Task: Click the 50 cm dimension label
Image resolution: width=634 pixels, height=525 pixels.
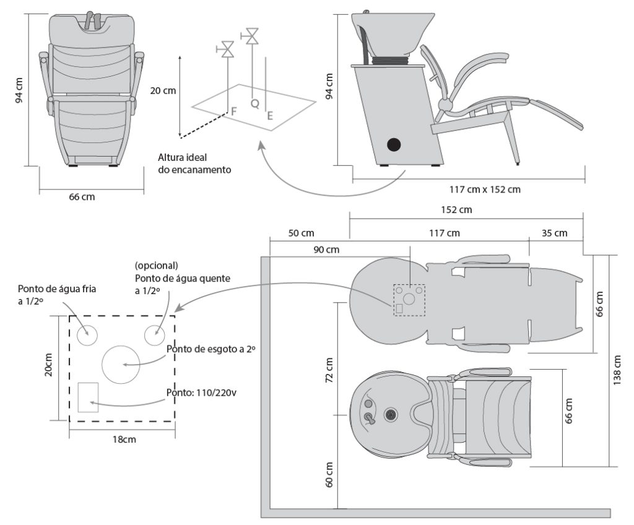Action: click(x=301, y=233)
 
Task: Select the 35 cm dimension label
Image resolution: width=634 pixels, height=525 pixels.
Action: click(x=554, y=233)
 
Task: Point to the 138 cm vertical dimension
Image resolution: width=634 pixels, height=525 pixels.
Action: click(x=617, y=370)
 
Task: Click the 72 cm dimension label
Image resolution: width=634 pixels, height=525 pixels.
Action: click(x=329, y=370)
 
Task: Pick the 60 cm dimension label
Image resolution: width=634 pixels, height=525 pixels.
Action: click(x=329, y=474)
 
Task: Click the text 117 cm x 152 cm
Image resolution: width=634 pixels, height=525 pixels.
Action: click(x=485, y=189)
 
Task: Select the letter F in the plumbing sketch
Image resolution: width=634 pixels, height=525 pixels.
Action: click(x=234, y=111)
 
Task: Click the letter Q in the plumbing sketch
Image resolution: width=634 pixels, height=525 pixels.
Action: click(x=254, y=104)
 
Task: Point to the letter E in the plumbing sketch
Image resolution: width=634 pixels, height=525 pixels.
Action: click(x=270, y=115)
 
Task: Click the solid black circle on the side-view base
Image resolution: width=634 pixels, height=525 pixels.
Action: click(x=393, y=145)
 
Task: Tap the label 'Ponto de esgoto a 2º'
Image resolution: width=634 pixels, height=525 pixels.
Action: click(x=212, y=349)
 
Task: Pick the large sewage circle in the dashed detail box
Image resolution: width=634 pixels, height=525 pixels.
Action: click(x=122, y=364)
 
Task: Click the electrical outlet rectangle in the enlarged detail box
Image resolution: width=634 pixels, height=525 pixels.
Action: click(x=89, y=397)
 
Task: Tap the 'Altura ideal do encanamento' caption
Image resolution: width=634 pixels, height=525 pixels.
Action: click(x=194, y=163)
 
